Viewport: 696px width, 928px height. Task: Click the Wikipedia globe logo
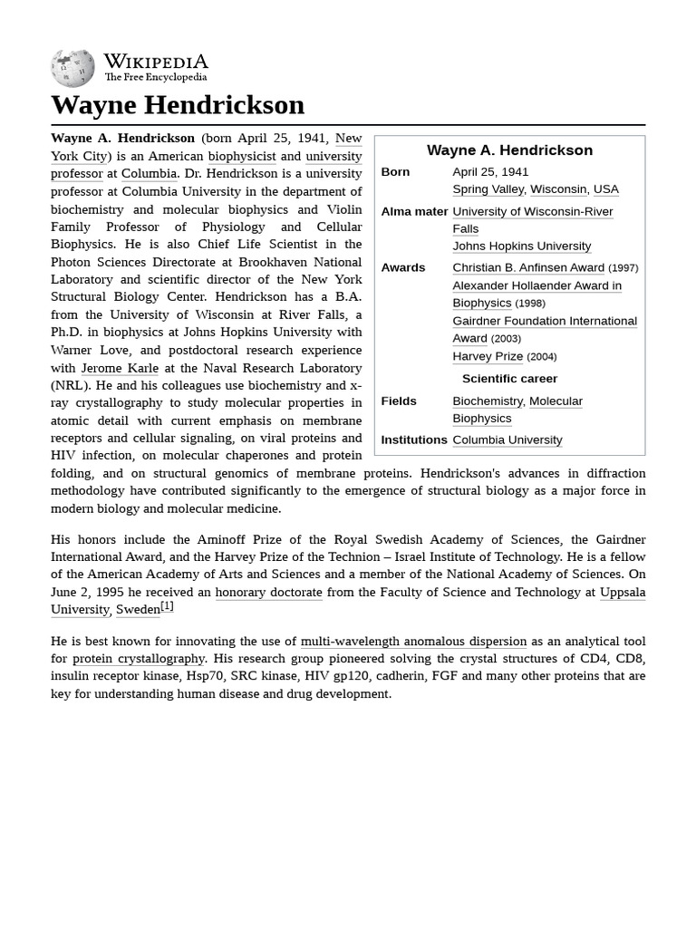coord(72,69)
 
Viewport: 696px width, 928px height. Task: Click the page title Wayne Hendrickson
coord(178,104)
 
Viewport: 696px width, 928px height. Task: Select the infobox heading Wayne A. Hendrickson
coord(509,150)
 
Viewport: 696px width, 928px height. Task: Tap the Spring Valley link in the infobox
coord(488,189)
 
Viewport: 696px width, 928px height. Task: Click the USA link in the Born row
coord(605,189)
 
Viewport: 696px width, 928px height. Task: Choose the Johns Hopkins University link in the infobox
coord(521,246)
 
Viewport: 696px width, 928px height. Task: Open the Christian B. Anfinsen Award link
coord(527,267)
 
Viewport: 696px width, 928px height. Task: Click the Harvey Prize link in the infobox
coord(487,356)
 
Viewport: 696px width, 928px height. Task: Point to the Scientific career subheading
coord(509,379)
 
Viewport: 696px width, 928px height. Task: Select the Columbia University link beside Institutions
coord(507,440)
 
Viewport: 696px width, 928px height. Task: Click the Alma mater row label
coord(414,211)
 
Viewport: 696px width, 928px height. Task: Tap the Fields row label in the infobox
coord(399,401)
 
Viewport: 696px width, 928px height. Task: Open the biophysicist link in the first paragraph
coord(241,156)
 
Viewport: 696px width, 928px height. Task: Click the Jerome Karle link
coord(120,368)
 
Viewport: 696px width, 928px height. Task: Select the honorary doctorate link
coord(268,592)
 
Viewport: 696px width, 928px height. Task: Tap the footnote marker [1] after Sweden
coord(167,606)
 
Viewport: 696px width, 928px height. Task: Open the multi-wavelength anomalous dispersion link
coord(413,641)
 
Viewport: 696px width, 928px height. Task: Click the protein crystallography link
coord(139,659)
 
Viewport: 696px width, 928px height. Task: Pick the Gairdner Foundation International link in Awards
coord(544,321)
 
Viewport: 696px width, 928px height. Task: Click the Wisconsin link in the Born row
coord(557,189)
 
